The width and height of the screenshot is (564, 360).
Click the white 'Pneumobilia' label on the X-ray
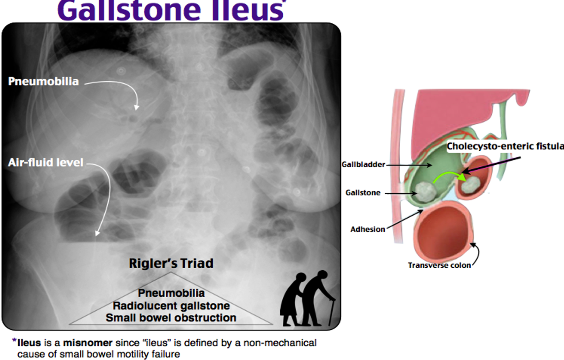tap(43, 81)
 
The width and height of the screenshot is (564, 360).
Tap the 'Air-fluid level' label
tap(46, 162)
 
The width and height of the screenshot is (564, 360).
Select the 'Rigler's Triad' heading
tap(171, 263)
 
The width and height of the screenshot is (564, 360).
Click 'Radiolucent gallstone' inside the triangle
tap(171, 306)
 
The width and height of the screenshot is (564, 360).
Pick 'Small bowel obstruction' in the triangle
tap(171, 318)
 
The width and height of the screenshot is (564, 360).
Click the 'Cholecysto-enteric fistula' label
tap(505, 146)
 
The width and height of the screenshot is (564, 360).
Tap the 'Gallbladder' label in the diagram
tap(363, 164)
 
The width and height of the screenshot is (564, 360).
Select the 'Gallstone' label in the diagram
tap(363, 193)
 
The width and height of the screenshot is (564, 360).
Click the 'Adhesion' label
tap(368, 229)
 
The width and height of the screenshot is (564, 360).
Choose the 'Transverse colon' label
tap(439, 265)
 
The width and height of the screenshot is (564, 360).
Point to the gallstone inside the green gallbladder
tap(425, 191)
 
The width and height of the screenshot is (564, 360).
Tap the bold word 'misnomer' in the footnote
tap(88, 343)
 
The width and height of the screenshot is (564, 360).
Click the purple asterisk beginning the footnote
tap(14, 341)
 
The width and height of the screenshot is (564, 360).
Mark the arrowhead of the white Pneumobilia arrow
tap(137, 108)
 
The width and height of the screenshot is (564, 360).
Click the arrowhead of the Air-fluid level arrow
tap(97, 233)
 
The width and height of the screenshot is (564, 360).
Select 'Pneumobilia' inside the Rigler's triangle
tap(171, 293)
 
